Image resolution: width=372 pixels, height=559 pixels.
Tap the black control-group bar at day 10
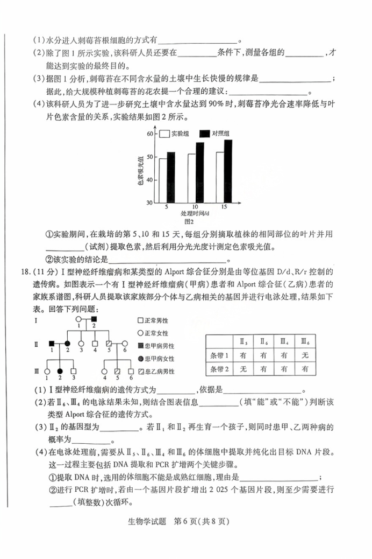pos(199,172)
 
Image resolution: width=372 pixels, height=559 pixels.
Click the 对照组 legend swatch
pos(204,133)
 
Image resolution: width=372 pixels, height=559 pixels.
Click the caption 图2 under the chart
pos(189,221)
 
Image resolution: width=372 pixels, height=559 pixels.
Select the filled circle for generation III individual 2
pos(61,371)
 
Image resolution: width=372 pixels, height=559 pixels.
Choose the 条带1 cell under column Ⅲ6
pos(305,355)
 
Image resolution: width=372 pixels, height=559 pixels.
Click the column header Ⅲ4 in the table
pos(284,340)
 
